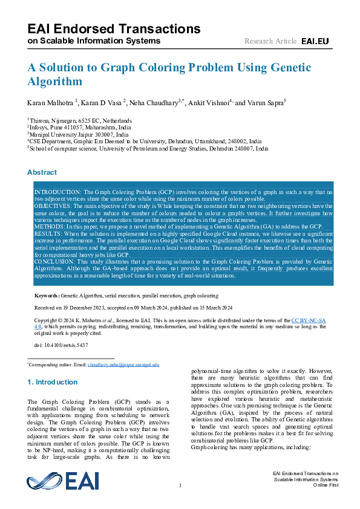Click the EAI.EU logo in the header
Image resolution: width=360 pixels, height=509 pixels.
point(315,41)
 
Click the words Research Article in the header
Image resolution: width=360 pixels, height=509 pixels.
point(270,41)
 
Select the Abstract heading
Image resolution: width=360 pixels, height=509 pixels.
point(42,172)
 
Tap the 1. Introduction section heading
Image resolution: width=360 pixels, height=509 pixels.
point(53,382)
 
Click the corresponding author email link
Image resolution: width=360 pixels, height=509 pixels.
point(123,365)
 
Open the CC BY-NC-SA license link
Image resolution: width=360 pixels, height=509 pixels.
point(309,320)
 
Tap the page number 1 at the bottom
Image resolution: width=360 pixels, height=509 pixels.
point(180,485)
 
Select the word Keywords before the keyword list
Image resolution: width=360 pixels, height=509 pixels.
point(47,296)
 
